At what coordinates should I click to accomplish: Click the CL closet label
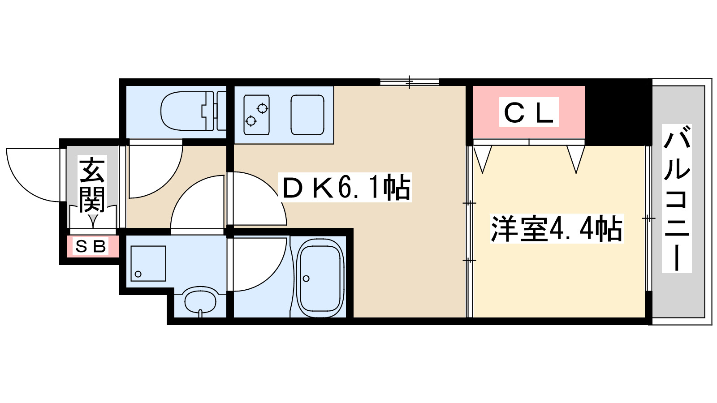529,112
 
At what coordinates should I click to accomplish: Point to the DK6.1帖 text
345,188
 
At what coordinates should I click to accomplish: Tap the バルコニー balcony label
677,199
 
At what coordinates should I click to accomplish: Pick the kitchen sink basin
307,115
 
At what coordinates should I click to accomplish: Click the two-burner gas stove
256,115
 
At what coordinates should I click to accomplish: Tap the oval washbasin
200,301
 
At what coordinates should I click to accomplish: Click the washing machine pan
148,263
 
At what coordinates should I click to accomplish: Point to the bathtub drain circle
306,279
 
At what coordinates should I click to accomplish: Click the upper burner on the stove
262,108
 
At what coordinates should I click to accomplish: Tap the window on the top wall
409,82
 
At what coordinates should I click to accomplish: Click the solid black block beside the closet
616,112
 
